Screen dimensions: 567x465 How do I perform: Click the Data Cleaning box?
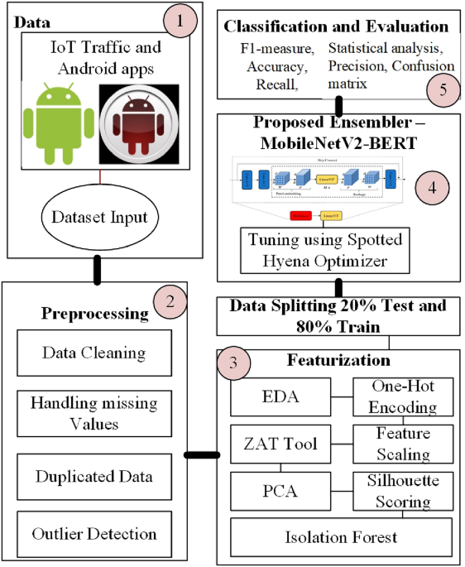[93, 352]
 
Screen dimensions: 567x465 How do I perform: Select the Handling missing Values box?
[93, 413]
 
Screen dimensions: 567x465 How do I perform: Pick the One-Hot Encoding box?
[403, 396]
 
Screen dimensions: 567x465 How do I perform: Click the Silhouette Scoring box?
[403, 491]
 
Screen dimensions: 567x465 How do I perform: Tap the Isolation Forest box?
[342, 537]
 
